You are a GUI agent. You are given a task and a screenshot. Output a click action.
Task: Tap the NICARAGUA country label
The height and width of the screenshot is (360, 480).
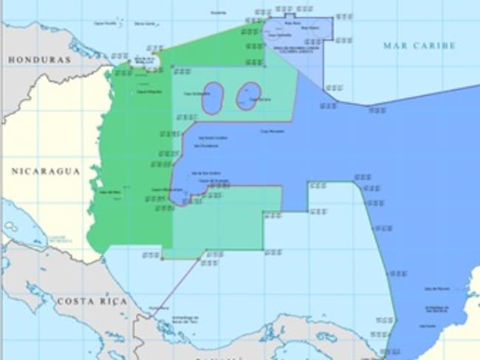click(45, 171)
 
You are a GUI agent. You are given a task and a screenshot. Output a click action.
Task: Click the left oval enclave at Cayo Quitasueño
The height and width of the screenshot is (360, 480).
click(212, 98)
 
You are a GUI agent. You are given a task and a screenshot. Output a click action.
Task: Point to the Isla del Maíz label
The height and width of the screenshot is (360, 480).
click(109, 193)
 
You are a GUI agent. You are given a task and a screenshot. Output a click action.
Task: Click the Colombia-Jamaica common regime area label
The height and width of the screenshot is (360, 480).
click(289, 49)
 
